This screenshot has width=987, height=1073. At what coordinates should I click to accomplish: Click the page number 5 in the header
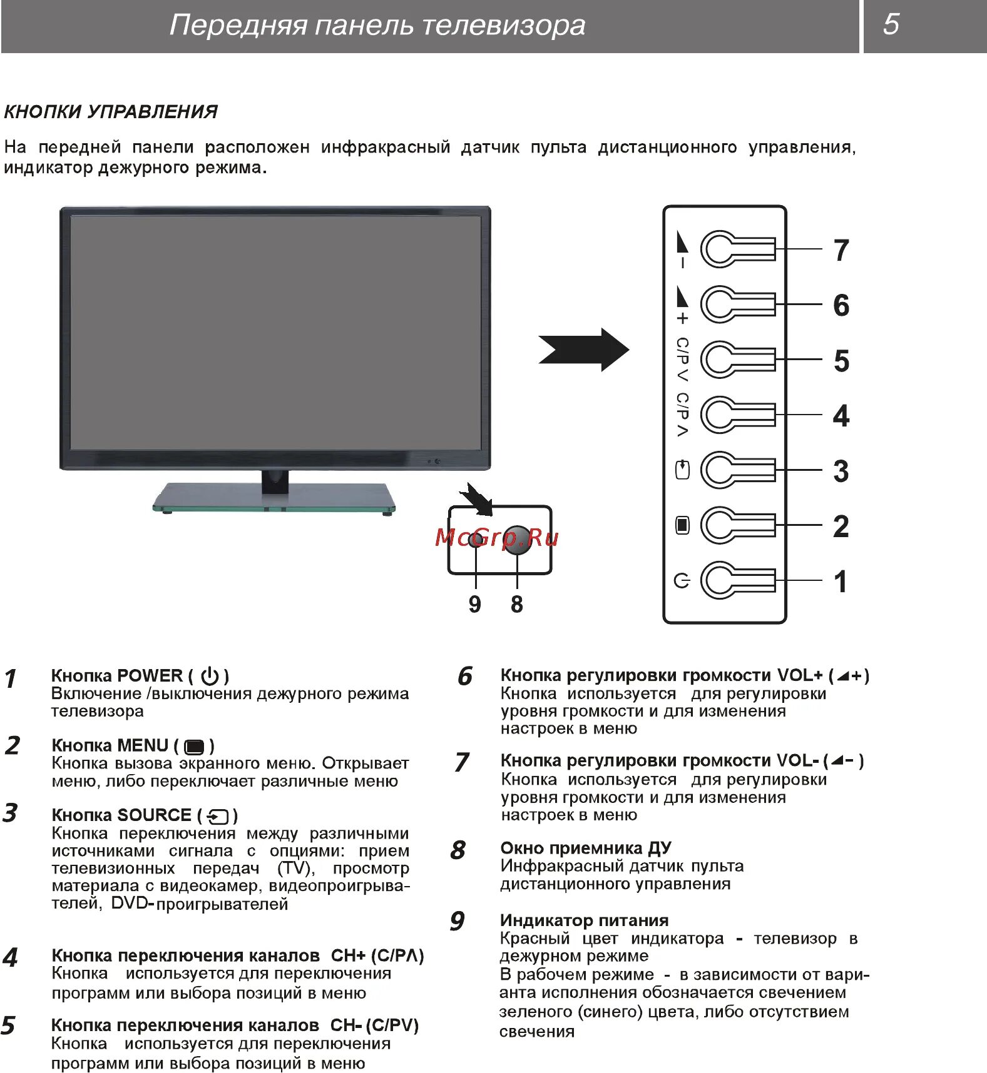(891, 24)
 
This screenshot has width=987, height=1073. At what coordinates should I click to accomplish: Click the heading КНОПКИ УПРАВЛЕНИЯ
(111, 112)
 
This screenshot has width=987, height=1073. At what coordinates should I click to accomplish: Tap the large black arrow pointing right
(585, 350)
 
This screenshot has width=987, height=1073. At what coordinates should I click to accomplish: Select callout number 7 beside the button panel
(841, 250)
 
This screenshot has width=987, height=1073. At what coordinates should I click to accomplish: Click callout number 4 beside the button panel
(841, 416)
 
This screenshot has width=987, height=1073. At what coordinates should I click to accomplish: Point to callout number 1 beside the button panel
(841, 582)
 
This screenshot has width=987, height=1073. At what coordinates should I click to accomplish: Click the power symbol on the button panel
(682, 581)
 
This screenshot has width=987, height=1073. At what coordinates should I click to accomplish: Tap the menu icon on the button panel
(682, 525)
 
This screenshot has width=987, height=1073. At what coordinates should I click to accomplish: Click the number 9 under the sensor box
(475, 604)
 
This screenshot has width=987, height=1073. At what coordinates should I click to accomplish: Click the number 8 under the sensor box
(517, 604)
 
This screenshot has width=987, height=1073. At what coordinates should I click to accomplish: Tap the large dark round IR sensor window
(518, 539)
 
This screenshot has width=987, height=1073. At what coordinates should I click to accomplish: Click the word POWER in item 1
(150, 676)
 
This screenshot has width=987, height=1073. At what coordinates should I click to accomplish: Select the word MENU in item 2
(143, 745)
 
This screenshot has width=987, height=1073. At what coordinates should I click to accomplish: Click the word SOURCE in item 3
(155, 815)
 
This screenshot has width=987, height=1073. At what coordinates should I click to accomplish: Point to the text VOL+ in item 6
(800, 675)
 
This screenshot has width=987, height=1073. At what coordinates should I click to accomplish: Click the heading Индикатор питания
(584, 920)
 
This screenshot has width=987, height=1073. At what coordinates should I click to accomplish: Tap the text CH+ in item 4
(348, 955)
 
